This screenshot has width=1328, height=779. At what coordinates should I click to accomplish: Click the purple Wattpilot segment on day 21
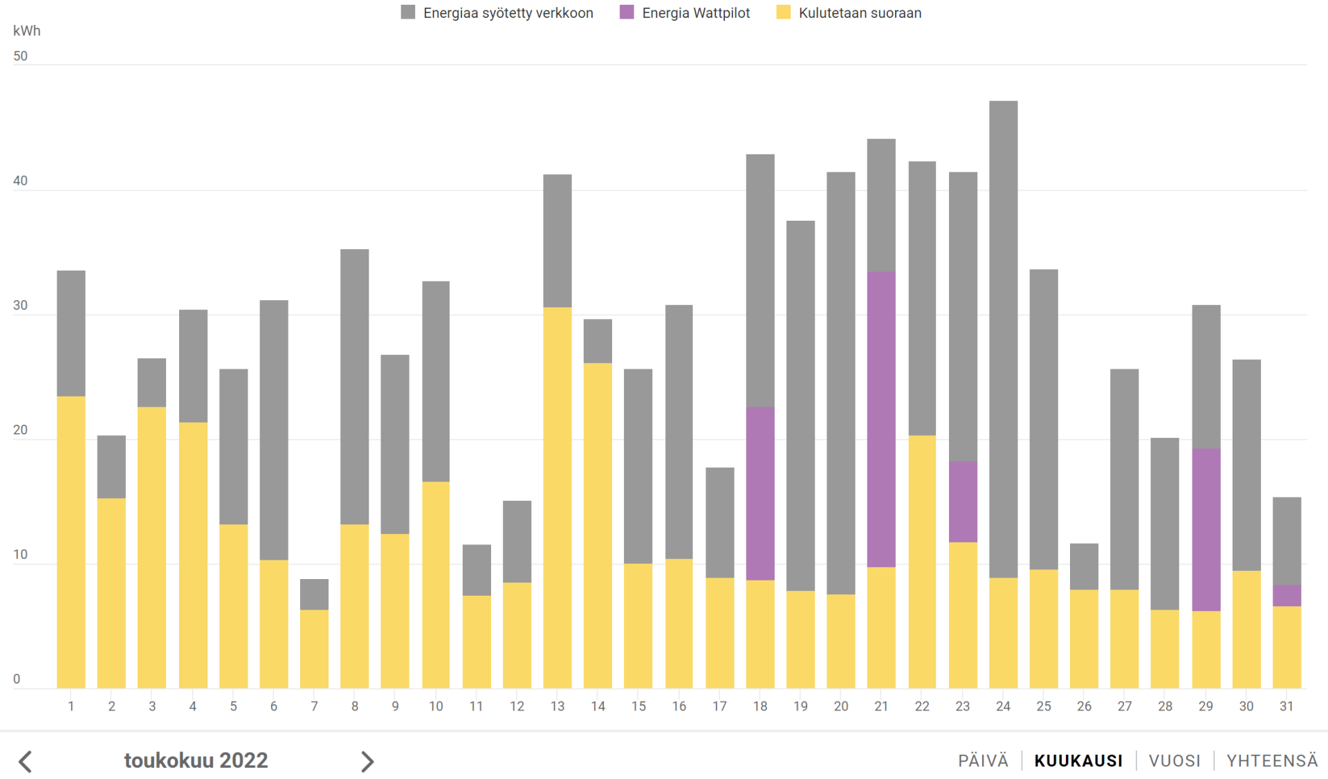(x=881, y=419)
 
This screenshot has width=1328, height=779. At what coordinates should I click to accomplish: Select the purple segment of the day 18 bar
(x=760, y=493)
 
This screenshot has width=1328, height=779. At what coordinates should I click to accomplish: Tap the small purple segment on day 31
(x=1286, y=595)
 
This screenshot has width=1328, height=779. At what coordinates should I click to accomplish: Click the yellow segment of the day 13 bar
(x=557, y=497)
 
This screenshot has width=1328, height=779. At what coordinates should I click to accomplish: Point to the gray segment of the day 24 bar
(x=1003, y=339)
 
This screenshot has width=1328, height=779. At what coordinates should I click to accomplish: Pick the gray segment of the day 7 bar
(x=314, y=594)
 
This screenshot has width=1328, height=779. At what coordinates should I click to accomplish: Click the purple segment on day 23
(x=963, y=502)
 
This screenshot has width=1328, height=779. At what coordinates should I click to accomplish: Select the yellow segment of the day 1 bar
(x=71, y=542)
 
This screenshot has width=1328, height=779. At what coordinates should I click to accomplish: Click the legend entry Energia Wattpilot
(x=695, y=13)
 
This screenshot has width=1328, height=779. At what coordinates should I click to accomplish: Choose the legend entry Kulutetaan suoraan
(x=859, y=13)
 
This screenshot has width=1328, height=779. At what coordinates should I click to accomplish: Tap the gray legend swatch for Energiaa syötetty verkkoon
(x=408, y=12)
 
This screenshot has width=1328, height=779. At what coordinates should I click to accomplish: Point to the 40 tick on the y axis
(x=21, y=181)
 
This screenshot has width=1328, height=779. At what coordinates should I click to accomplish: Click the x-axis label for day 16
(x=679, y=706)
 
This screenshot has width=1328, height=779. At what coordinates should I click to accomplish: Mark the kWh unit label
(x=27, y=31)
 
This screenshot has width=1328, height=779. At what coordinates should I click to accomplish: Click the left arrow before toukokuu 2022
(x=26, y=762)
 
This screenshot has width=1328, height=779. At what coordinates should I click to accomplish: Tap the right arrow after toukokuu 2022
(x=367, y=762)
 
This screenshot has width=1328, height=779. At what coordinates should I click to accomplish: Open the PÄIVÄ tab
(x=983, y=761)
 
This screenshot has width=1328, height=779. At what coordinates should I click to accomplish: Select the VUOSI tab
(x=1174, y=761)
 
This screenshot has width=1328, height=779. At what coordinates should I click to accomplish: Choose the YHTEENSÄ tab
(x=1272, y=761)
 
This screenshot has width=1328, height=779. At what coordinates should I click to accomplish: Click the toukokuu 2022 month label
(x=196, y=760)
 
